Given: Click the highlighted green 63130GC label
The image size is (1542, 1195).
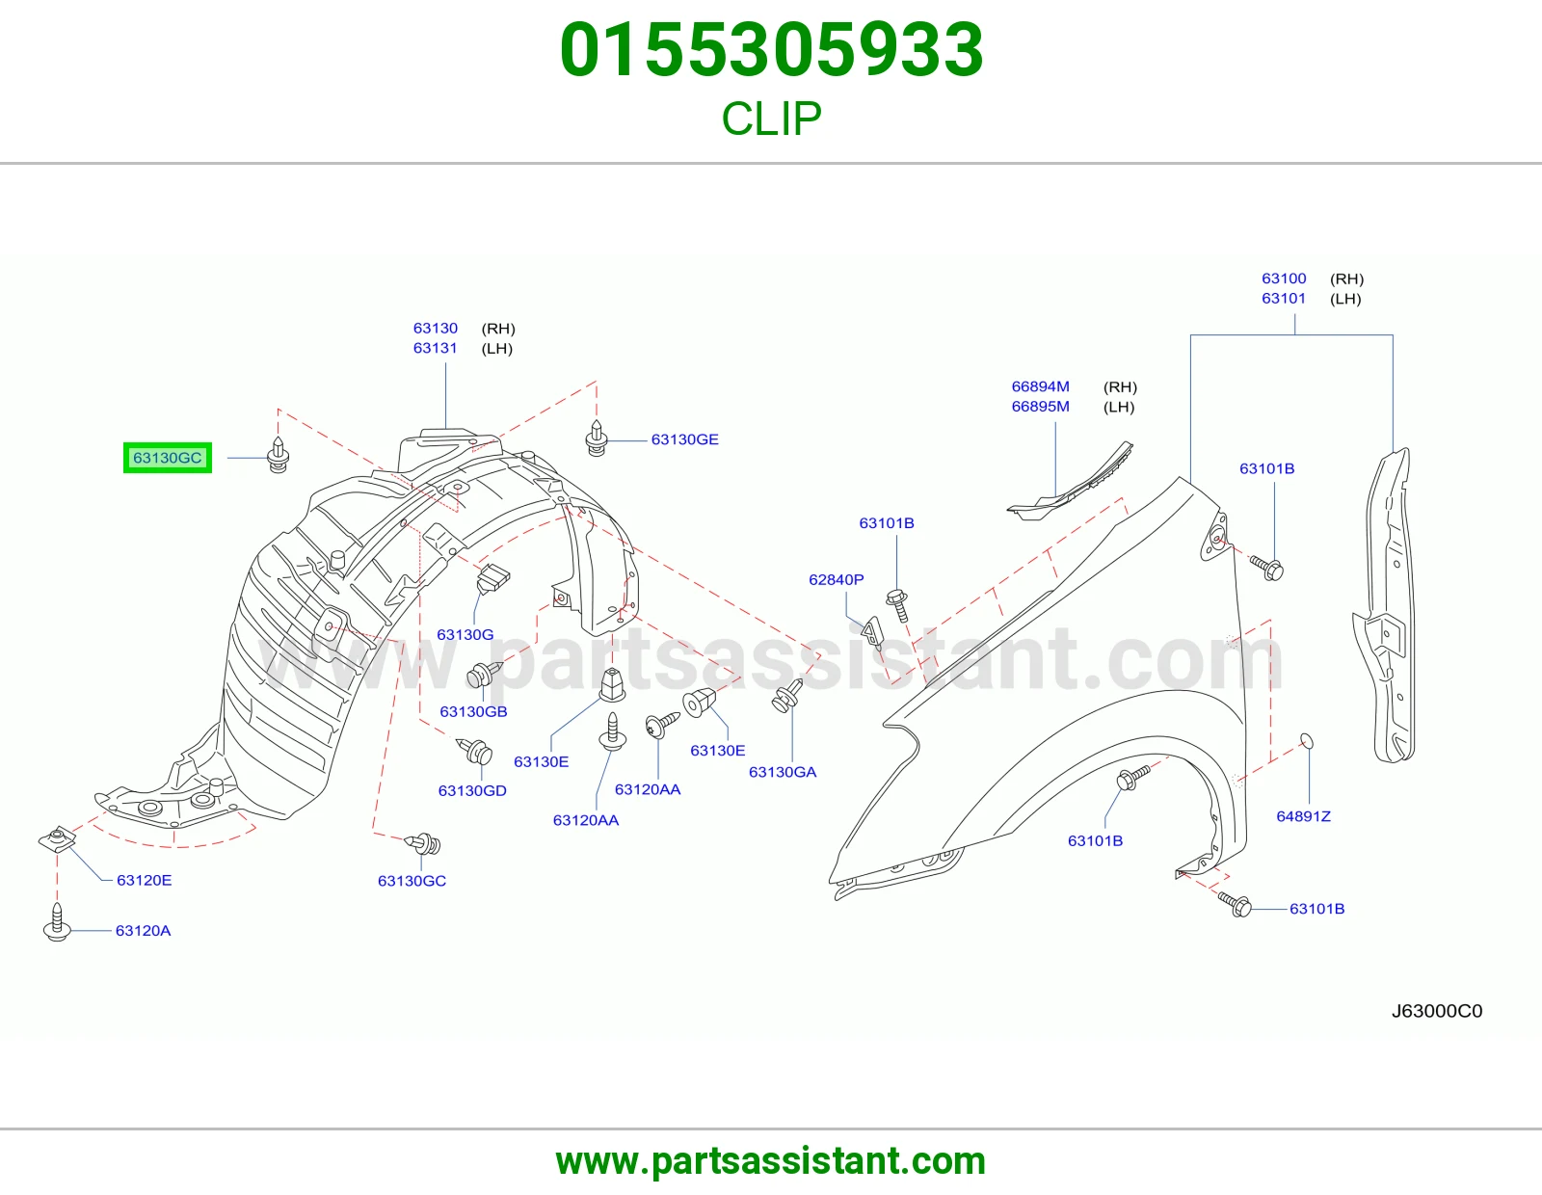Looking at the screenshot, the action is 168,458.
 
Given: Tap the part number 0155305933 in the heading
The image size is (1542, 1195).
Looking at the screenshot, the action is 771,50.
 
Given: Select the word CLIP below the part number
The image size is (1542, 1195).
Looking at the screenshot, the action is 771,119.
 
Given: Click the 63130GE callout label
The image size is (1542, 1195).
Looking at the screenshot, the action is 685,439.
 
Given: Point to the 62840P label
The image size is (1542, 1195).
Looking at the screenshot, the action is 836,580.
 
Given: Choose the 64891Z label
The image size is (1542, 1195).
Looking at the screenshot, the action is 1304,816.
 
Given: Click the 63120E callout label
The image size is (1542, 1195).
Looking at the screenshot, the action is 144,880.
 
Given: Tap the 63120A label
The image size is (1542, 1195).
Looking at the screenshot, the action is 144,930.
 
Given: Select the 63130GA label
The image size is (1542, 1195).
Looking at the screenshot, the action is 783,771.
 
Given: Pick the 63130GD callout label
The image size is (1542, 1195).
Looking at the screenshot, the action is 472,790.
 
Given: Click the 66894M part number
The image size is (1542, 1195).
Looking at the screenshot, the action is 1040,386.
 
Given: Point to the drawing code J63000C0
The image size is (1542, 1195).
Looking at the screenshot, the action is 1437,1011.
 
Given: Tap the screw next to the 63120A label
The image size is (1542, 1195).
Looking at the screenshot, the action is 57,922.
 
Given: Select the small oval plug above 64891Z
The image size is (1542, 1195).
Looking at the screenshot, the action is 1307,741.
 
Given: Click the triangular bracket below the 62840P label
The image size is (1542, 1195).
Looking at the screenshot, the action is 873,632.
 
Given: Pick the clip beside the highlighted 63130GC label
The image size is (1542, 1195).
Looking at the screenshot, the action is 279,455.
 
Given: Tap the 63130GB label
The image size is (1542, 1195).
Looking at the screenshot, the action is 473,711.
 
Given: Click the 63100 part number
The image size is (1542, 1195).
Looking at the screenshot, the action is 1284,279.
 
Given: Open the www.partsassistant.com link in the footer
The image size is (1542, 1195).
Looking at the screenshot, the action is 771,1161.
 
